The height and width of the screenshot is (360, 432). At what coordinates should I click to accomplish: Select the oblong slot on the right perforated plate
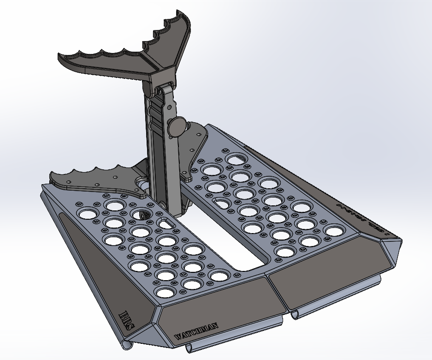[x=222, y=202]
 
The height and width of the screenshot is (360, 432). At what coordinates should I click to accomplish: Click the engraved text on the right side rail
[x=364, y=221]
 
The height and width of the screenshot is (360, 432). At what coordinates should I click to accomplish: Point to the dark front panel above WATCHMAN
[x=212, y=305]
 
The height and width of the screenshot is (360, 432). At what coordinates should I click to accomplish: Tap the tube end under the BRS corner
[x=126, y=345]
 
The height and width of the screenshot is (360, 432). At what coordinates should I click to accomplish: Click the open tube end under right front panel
[x=295, y=315]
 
